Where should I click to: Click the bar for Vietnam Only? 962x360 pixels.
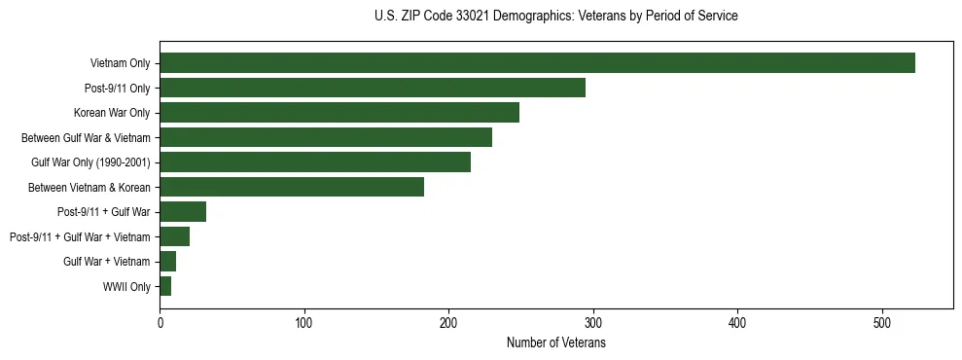pyautogui.click(x=537, y=63)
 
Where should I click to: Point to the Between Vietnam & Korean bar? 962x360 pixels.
pyautogui.click(x=292, y=187)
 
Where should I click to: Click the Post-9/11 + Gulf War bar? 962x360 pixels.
pyautogui.click(x=183, y=212)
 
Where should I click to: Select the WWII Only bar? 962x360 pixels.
pyautogui.click(x=165, y=286)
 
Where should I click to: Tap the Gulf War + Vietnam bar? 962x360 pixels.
pyautogui.click(x=167, y=262)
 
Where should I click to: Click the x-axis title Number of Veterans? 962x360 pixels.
pyautogui.click(x=555, y=343)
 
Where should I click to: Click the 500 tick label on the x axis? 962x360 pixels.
pyautogui.click(x=882, y=323)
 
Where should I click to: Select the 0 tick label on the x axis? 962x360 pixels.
pyautogui.click(x=160, y=323)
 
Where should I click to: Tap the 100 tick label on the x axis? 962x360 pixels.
pyautogui.click(x=304, y=323)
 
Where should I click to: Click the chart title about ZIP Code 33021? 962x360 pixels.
pyautogui.click(x=555, y=17)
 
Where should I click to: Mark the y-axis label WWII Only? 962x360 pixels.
pyautogui.click(x=126, y=286)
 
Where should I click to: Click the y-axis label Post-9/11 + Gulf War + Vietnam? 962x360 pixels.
pyautogui.click(x=80, y=236)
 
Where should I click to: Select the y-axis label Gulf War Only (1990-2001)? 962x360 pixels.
pyautogui.click(x=90, y=162)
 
